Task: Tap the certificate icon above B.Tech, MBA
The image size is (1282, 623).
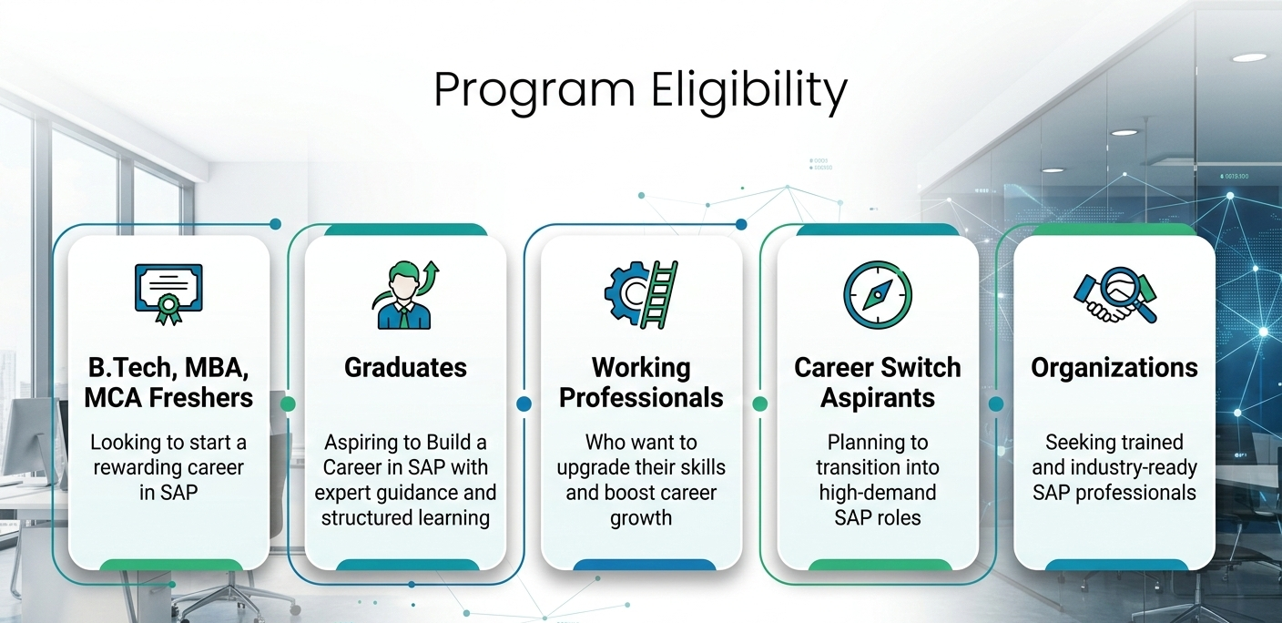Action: (168, 294)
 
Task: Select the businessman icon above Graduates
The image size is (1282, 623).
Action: (404, 295)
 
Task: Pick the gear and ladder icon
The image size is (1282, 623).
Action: (641, 295)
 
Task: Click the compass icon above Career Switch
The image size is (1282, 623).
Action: (878, 295)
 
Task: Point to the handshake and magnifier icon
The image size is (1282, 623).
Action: (1114, 295)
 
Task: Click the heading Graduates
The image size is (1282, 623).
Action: (405, 368)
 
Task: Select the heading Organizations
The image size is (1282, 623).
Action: (1114, 368)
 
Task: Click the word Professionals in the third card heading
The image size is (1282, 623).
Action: (641, 397)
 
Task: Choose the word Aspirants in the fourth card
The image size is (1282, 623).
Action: (878, 398)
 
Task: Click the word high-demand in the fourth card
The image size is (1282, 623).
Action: (878, 493)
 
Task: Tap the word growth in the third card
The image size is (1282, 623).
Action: (641, 518)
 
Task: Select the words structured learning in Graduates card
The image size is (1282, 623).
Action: (405, 517)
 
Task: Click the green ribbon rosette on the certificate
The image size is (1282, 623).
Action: (168, 309)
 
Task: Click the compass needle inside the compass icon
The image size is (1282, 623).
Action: (878, 295)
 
